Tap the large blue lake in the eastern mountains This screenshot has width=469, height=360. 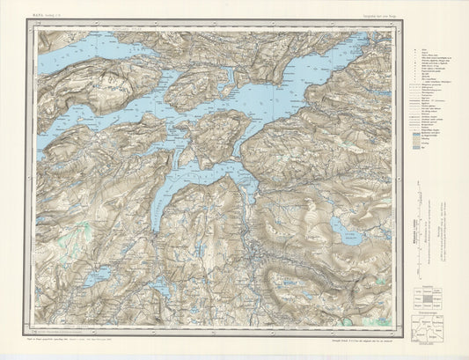click(348, 231)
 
